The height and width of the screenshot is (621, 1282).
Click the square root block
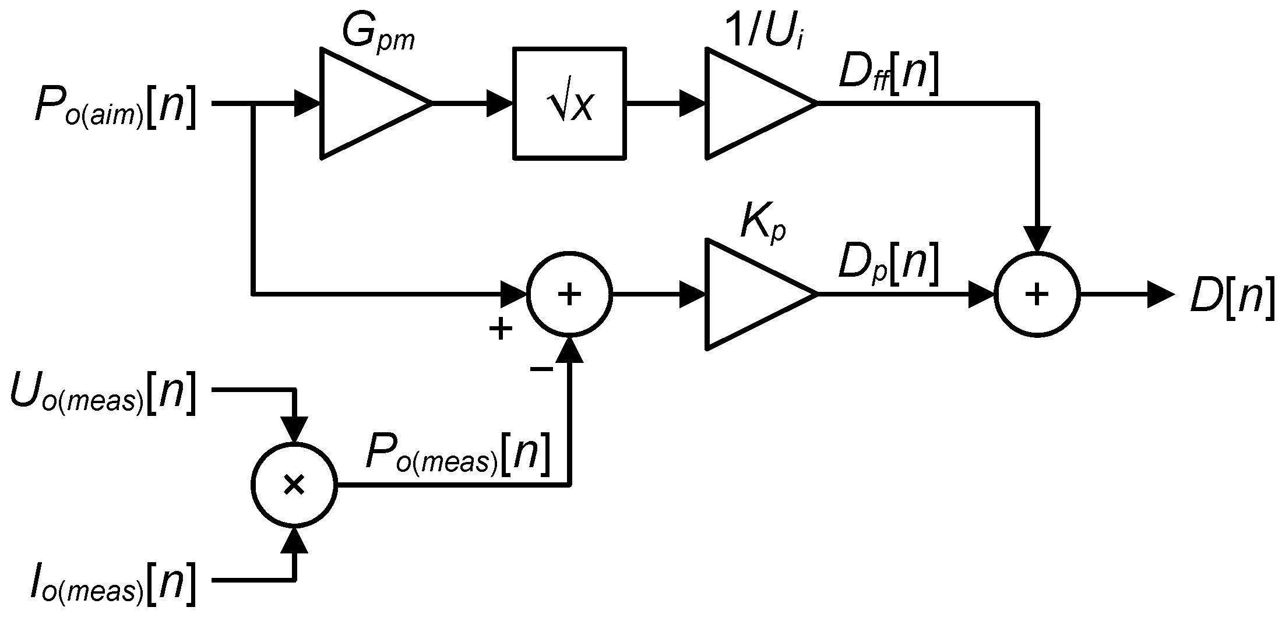(x=569, y=104)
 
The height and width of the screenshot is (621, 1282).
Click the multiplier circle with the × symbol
(x=294, y=485)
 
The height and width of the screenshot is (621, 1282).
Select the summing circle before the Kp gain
(x=569, y=294)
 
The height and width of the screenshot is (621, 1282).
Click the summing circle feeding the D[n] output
(x=1037, y=294)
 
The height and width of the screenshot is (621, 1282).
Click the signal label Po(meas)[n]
(x=457, y=454)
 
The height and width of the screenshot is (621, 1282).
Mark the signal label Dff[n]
(x=889, y=76)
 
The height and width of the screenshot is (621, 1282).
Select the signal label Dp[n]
(x=889, y=265)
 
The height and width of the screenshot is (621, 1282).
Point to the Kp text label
(x=762, y=224)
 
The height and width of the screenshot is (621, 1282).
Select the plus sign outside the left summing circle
(x=500, y=330)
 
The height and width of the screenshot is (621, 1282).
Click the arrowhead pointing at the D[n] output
(x=1160, y=294)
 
